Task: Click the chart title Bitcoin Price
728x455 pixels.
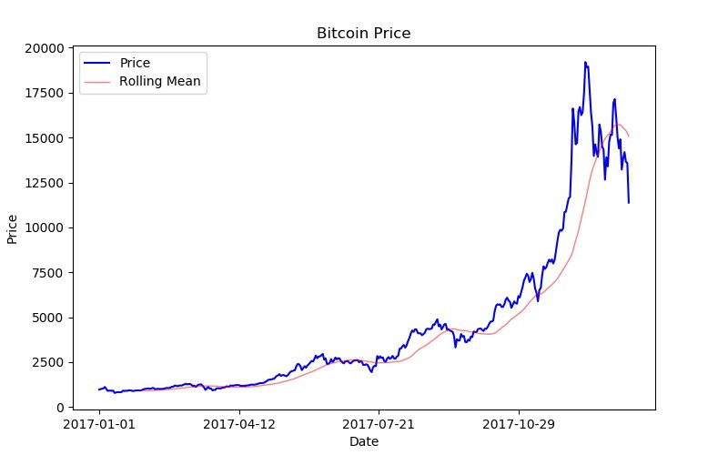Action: tap(364, 34)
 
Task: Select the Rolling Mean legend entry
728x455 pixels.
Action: tap(159, 82)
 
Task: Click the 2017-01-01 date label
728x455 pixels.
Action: tap(100, 423)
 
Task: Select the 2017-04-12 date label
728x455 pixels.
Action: tap(239, 423)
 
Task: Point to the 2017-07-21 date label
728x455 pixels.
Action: tap(379, 423)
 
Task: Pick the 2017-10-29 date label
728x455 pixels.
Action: tap(519, 423)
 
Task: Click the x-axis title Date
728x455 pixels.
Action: tap(364, 441)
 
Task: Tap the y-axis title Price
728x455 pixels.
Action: tap(13, 227)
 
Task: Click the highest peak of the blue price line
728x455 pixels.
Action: tap(584, 62)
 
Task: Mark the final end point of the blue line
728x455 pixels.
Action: tap(629, 202)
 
